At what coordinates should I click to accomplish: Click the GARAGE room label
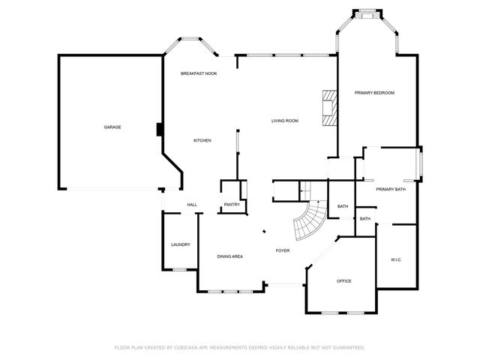click(x=112, y=127)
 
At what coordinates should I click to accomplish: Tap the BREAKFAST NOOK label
click(x=199, y=73)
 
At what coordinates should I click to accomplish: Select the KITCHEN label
click(x=202, y=140)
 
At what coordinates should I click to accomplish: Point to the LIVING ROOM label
click(x=285, y=121)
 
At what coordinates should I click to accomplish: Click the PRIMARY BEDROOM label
click(x=374, y=92)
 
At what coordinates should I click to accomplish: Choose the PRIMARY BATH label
click(x=391, y=189)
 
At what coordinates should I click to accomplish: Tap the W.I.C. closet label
click(x=397, y=259)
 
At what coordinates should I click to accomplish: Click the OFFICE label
click(x=344, y=281)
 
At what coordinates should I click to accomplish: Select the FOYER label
click(x=283, y=250)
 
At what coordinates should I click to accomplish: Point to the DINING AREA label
click(x=229, y=256)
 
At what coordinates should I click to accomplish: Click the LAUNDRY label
click(x=180, y=244)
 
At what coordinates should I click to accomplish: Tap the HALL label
click(x=192, y=205)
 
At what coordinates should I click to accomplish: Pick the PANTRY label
click(x=232, y=205)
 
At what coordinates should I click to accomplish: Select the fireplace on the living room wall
click(x=328, y=110)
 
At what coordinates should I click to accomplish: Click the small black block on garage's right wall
click(x=159, y=130)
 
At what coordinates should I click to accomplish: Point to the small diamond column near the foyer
click(x=262, y=232)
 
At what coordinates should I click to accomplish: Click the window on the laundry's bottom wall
click(x=180, y=270)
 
